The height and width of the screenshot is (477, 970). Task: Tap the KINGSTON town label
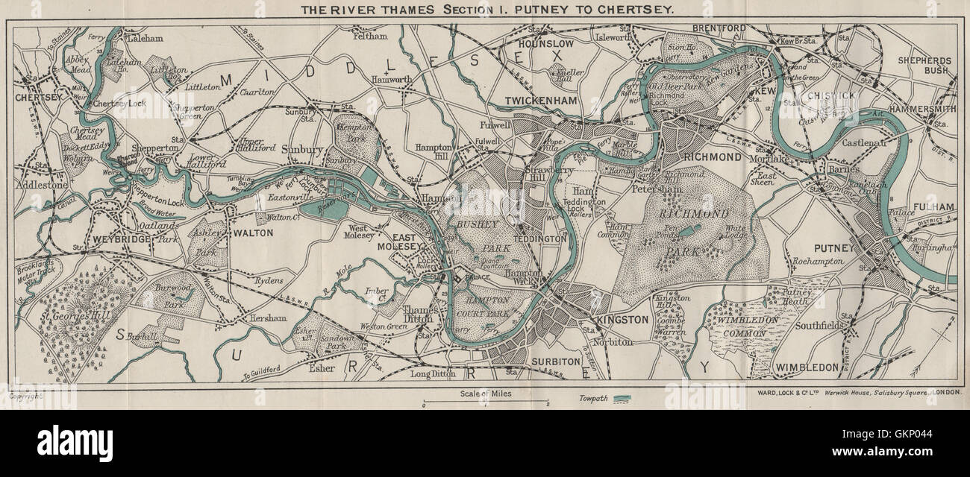click(622, 320)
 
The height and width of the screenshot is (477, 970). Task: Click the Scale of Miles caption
click(485, 394)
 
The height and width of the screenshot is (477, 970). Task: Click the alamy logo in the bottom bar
click(75, 443)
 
